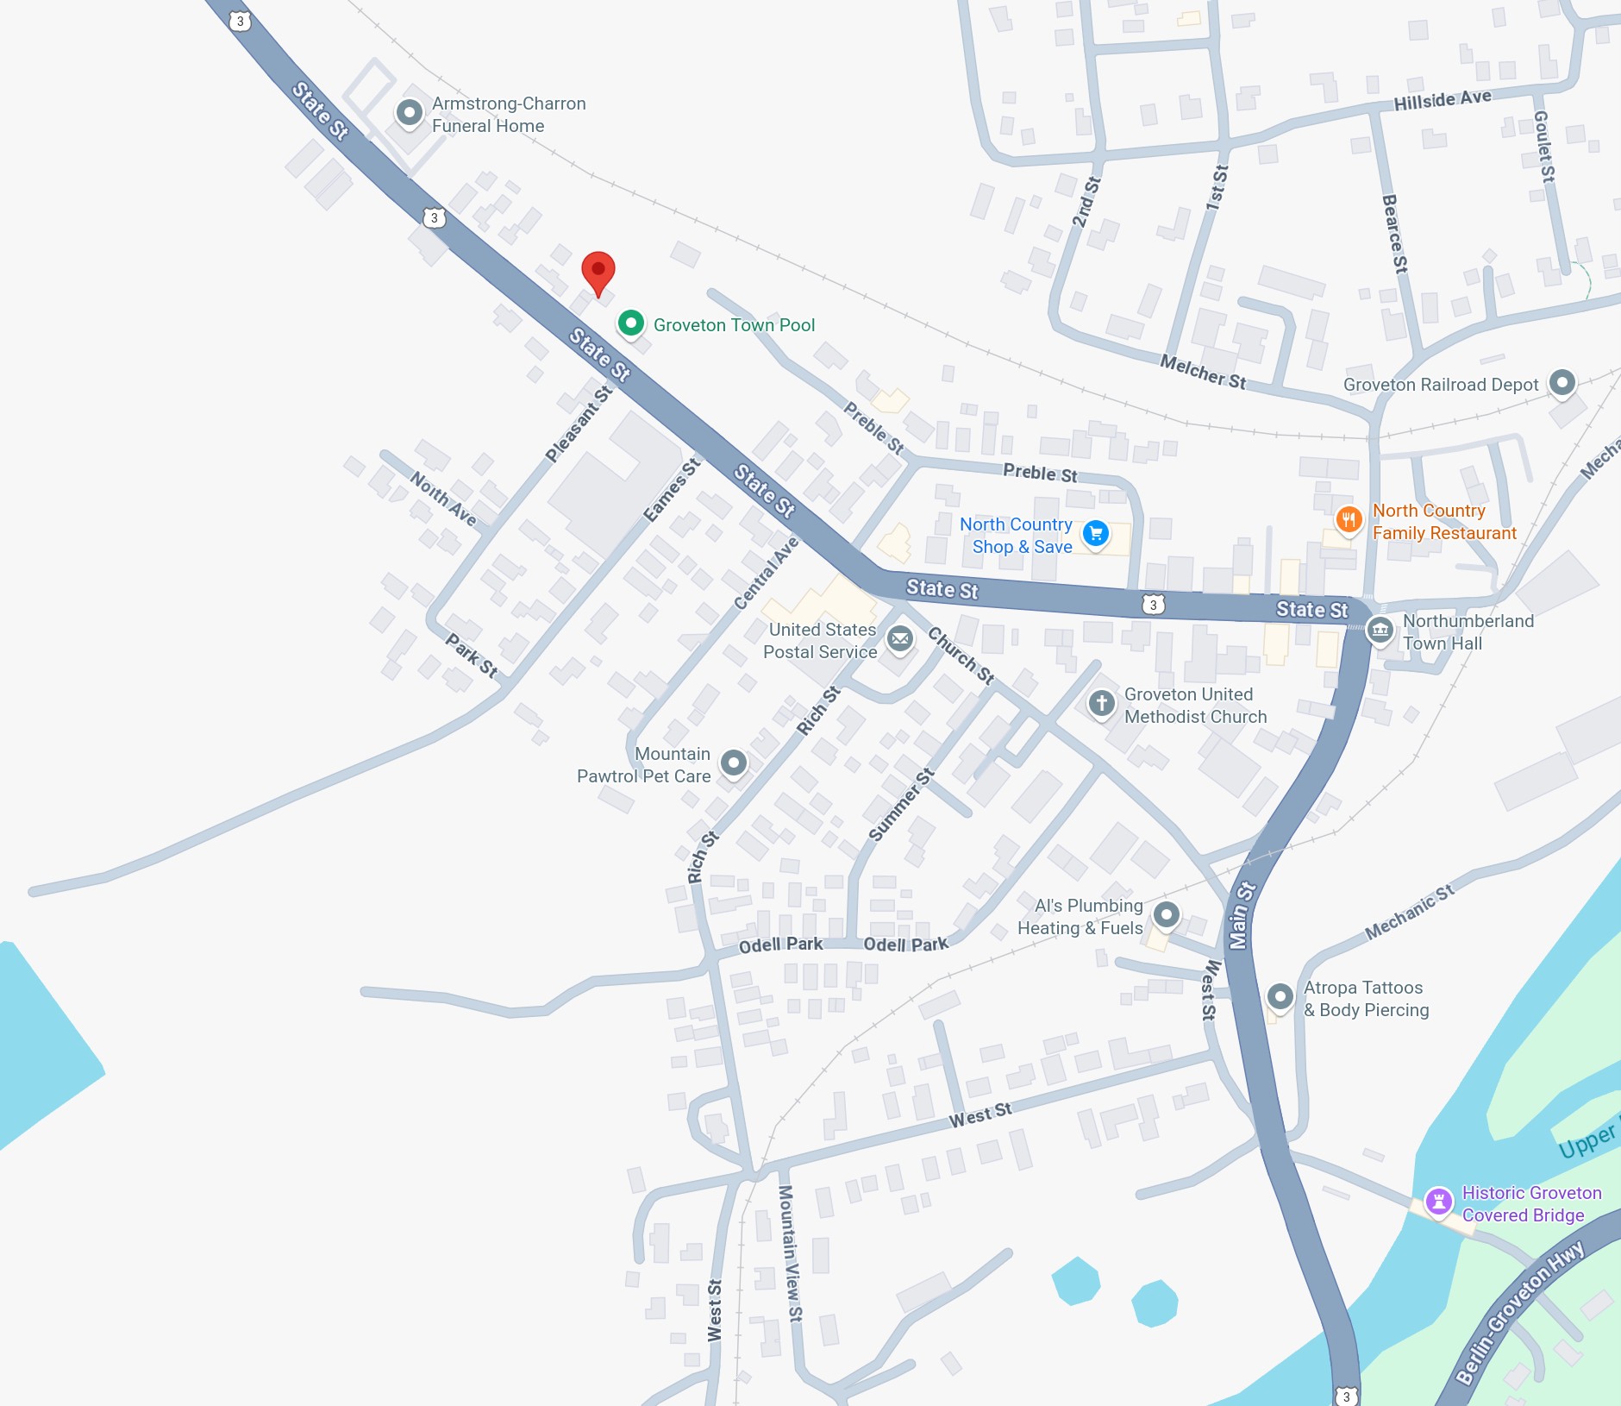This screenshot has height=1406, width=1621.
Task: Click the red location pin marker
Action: tap(598, 272)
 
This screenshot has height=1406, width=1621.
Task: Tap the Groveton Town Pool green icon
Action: tap(631, 323)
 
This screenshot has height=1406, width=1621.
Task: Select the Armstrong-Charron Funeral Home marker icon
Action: tap(410, 112)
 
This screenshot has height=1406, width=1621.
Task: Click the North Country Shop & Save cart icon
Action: tap(1095, 533)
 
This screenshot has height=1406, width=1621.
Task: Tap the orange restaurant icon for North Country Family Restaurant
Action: tap(1349, 519)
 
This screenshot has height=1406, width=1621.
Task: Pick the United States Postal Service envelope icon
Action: tap(900, 639)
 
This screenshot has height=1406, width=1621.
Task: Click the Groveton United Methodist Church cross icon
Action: tap(1101, 703)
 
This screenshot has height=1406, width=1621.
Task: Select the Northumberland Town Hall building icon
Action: tap(1380, 630)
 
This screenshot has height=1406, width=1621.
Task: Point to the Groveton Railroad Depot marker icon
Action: tap(1562, 382)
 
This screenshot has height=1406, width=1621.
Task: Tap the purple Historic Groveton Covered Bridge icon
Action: tap(1438, 1201)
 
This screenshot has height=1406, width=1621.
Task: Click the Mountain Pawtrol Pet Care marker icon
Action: tap(734, 763)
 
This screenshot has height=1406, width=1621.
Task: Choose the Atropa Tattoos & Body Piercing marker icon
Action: tap(1280, 996)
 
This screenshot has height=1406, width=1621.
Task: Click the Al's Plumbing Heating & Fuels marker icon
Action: tap(1167, 914)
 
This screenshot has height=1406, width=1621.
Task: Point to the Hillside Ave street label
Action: tap(1443, 100)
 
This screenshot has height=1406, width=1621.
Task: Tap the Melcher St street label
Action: tap(1203, 371)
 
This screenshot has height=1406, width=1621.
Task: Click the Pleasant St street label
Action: tap(579, 424)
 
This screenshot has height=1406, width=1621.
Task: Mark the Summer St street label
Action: tap(901, 804)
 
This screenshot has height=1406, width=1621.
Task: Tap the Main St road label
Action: tap(1242, 915)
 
